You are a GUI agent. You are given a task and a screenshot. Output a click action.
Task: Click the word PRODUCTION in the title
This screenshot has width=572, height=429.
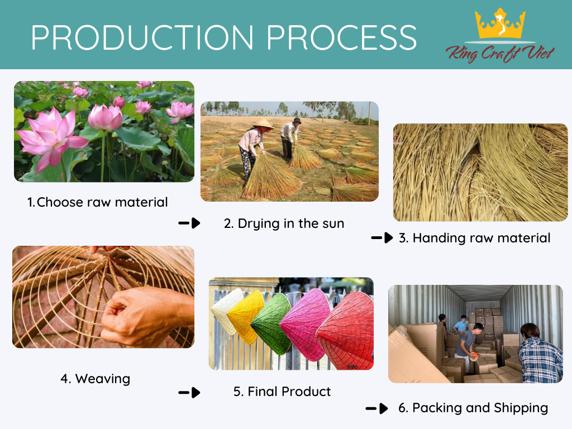(x=142, y=37)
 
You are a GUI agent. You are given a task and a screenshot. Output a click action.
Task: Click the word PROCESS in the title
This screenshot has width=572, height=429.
(x=342, y=37)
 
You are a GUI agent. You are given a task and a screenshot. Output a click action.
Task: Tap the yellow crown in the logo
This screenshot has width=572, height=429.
(x=500, y=24)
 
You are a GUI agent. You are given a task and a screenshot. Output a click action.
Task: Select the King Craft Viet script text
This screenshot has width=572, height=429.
(x=500, y=54)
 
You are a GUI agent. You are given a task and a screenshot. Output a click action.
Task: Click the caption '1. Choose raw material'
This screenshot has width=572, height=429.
(x=97, y=202)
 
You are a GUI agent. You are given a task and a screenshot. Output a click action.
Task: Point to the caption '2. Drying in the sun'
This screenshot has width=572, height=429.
(x=284, y=223)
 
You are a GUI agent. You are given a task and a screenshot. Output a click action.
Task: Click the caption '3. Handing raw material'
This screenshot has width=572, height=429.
(x=474, y=238)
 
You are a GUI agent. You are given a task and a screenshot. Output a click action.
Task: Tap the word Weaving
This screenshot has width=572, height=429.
(x=103, y=379)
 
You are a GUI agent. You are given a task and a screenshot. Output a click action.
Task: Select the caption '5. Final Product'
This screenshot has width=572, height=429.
(x=282, y=392)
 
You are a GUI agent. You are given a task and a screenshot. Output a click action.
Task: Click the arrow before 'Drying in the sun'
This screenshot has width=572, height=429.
(x=189, y=223)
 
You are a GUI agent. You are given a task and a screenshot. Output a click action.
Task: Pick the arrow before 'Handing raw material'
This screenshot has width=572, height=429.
(x=382, y=238)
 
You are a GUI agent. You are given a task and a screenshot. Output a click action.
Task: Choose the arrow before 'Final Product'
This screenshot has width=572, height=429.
(x=189, y=393)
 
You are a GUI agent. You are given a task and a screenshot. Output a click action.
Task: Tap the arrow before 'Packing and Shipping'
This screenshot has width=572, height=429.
(x=377, y=408)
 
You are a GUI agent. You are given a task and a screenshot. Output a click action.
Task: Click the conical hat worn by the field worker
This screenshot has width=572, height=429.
(x=264, y=124)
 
